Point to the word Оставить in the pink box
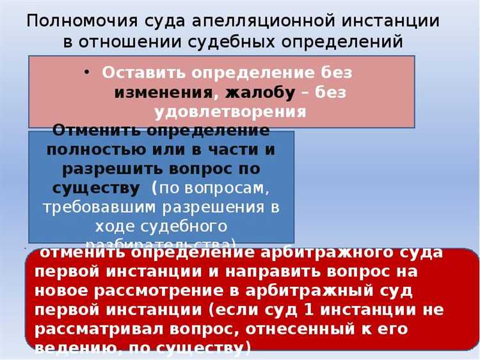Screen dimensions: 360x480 click(x=140, y=72)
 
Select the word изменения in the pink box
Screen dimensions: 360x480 click(x=164, y=92)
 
